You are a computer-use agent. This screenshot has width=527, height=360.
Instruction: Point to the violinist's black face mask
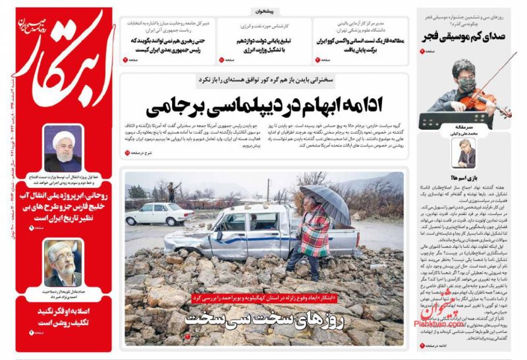466,85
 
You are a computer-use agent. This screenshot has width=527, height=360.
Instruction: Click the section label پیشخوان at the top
266,11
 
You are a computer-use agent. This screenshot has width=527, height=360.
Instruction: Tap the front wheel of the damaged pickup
219,251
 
